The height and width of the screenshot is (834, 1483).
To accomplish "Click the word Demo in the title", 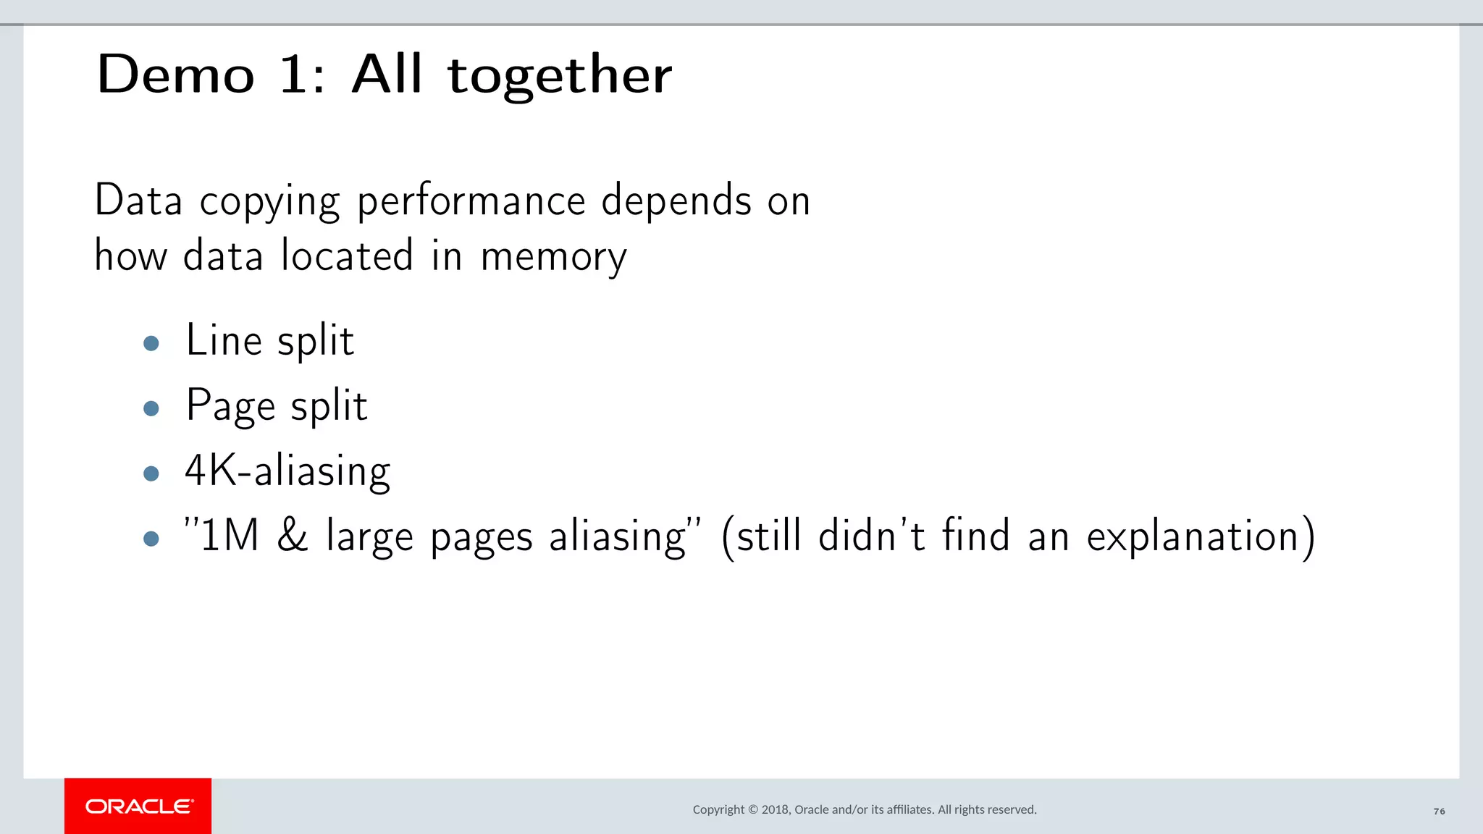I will [176, 75].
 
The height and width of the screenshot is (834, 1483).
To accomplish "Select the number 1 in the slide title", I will [294, 75].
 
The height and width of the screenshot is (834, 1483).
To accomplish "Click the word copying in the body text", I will [269, 202].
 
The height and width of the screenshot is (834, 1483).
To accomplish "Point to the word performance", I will [471, 202].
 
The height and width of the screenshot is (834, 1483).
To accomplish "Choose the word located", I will [347, 256].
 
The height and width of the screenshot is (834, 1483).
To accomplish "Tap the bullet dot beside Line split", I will [151, 343].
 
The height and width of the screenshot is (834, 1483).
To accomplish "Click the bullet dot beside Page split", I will [151, 408].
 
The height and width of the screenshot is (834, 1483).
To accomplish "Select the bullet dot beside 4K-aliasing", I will [151, 473].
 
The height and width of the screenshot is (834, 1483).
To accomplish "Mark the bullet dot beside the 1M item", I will [151, 539].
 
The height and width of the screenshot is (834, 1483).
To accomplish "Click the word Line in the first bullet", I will [223, 340].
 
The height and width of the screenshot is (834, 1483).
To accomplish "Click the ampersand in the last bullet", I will [293, 536].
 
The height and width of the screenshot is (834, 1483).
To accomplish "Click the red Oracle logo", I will [138, 806].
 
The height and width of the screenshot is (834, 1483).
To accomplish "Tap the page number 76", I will [1439, 812].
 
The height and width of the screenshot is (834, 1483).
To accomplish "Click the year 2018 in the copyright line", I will [775, 809].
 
